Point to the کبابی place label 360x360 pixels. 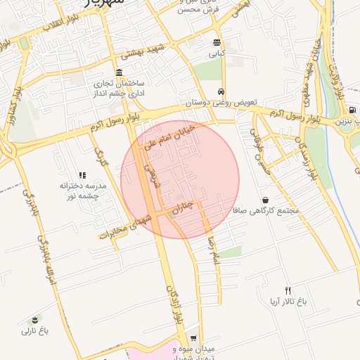tap(217, 53)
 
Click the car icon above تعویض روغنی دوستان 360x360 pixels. tap(221, 92)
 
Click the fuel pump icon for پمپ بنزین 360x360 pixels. tap(351, 110)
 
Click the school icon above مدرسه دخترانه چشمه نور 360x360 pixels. tap(82, 175)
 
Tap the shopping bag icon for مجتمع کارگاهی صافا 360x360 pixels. tap(265, 200)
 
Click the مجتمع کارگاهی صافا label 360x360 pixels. tap(269, 210)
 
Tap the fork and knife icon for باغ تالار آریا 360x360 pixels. tap(288, 290)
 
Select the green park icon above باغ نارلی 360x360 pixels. tap(36, 320)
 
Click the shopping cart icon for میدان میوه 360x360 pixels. tap(193, 338)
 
